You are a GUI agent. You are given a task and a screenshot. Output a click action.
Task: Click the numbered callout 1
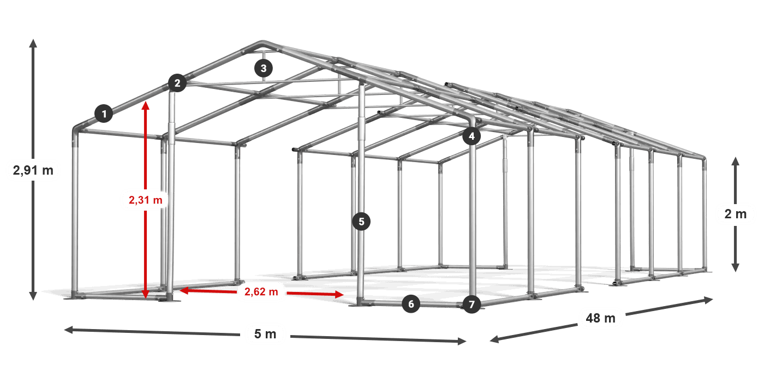click(x=104, y=114)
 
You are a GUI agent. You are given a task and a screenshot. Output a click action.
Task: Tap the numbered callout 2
click(x=177, y=83)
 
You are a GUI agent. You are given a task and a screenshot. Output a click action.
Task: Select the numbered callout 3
click(x=263, y=68)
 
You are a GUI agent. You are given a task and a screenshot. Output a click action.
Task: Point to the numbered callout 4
click(x=471, y=136)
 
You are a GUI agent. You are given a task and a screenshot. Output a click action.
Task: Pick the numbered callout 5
click(x=361, y=222)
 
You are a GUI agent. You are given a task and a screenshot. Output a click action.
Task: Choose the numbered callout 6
click(x=411, y=304)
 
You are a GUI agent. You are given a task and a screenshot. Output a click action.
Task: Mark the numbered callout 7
click(x=471, y=305)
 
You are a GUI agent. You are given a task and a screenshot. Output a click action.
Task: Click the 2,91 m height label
click(x=33, y=170)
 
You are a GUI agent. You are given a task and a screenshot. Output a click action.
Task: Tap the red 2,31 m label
click(x=146, y=200)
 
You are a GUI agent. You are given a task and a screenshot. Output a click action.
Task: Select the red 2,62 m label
click(x=261, y=291)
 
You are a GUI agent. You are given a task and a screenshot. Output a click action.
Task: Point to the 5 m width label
click(x=265, y=334)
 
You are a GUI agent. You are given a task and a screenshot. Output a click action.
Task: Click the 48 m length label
click(x=601, y=318)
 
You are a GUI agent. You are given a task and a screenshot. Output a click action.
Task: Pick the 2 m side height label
click(x=736, y=214)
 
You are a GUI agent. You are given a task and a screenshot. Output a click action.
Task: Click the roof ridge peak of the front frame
click(x=262, y=43)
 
